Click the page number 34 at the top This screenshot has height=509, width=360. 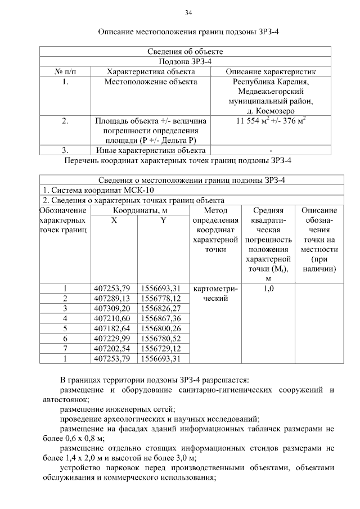(188, 12)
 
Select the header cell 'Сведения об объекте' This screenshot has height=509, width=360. (188, 52)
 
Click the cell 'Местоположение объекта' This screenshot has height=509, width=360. (151, 82)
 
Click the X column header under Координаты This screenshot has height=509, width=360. (114, 220)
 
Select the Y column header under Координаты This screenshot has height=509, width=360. (163, 220)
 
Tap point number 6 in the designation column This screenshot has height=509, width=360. (65, 338)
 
